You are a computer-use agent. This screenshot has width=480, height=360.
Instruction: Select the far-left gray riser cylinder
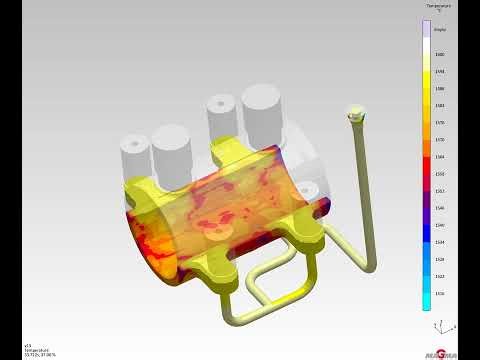point(133,153)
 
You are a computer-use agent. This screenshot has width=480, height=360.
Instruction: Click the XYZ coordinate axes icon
point(436,328)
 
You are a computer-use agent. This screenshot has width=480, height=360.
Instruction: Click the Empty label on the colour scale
point(440,30)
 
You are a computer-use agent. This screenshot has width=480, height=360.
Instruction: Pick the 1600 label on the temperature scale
point(440,54)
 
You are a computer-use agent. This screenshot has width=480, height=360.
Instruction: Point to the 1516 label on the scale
point(440,293)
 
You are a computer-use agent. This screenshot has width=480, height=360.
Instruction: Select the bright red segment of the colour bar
point(427,165)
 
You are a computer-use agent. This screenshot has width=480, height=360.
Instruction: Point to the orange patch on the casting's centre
point(215,215)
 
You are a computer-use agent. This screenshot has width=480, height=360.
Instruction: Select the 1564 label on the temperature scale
point(440,157)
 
